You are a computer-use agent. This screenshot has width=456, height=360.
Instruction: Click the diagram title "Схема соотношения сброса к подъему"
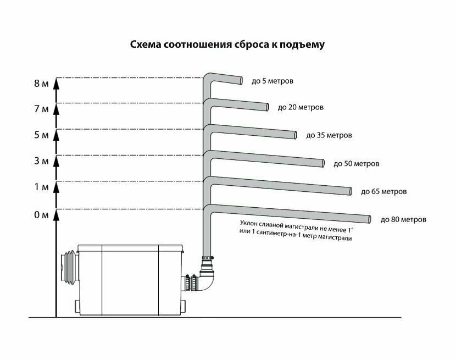coord(227,45)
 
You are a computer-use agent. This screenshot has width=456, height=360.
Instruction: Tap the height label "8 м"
coord(41,84)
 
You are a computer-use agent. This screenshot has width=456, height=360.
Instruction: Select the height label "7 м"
coord(41,109)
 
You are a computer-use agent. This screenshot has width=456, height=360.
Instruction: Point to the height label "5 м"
coord(41,135)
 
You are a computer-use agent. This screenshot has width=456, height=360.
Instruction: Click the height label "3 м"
coord(41,162)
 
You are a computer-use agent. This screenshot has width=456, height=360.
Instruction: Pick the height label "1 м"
coord(41,187)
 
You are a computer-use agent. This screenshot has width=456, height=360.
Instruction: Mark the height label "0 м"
coord(41,214)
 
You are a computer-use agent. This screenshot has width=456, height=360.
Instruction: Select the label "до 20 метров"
coord(301,107)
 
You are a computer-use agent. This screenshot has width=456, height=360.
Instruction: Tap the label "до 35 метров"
coord(329,135)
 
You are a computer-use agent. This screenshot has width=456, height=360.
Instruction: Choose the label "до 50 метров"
coord(357,163)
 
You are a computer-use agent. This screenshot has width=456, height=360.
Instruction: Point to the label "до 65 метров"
coord(384,192)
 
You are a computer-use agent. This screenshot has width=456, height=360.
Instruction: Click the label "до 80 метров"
coord(403,219)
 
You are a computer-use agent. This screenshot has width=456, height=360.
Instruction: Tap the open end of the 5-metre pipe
coord(241,81)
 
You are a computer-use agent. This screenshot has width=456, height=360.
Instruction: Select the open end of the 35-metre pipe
coord(296,135)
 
